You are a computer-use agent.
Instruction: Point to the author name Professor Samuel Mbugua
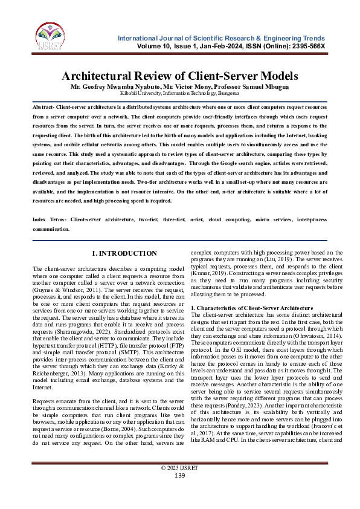coord(249,87)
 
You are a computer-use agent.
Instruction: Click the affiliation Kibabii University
coord(140,94)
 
